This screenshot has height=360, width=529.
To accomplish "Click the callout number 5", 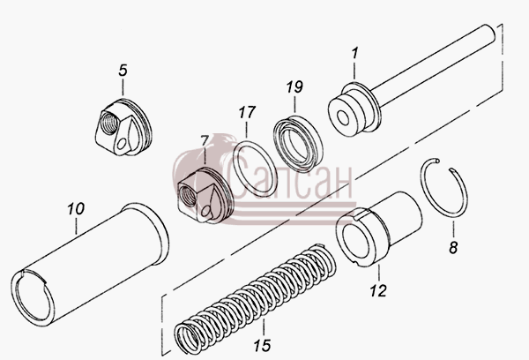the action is pos(123,71).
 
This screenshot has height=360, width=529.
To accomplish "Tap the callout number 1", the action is pos(354,53).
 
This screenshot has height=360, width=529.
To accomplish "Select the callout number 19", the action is pos(294,86).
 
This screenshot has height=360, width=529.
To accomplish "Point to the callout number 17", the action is pos(247,112).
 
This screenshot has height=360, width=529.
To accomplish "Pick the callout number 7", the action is pos(205,141).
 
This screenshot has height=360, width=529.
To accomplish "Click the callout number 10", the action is pos(76,209).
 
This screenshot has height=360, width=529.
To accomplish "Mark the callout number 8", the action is pos(453,248).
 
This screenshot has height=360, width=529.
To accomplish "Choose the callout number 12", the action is pos(378,290).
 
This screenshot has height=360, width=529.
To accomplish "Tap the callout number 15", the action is pos(263,345).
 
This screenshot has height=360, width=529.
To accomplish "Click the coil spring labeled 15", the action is pos(256,298).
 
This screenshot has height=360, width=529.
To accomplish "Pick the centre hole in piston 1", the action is pos(344,118).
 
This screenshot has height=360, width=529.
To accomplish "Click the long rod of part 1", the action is pos(434,64).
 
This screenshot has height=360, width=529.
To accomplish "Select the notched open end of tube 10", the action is pos(33,298).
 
